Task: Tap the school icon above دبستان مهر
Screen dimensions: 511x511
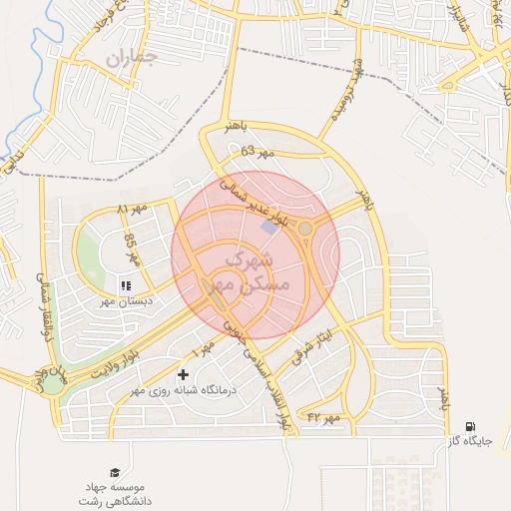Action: [126, 285]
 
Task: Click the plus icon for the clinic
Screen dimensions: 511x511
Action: [182, 375]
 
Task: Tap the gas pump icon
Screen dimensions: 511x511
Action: [470, 426]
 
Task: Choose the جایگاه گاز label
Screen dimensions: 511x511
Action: [469, 440]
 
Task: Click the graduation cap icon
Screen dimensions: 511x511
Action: [115, 472]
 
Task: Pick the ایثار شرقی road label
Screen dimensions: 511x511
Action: [310, 346]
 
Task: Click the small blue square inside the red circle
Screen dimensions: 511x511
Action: [269, 229]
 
